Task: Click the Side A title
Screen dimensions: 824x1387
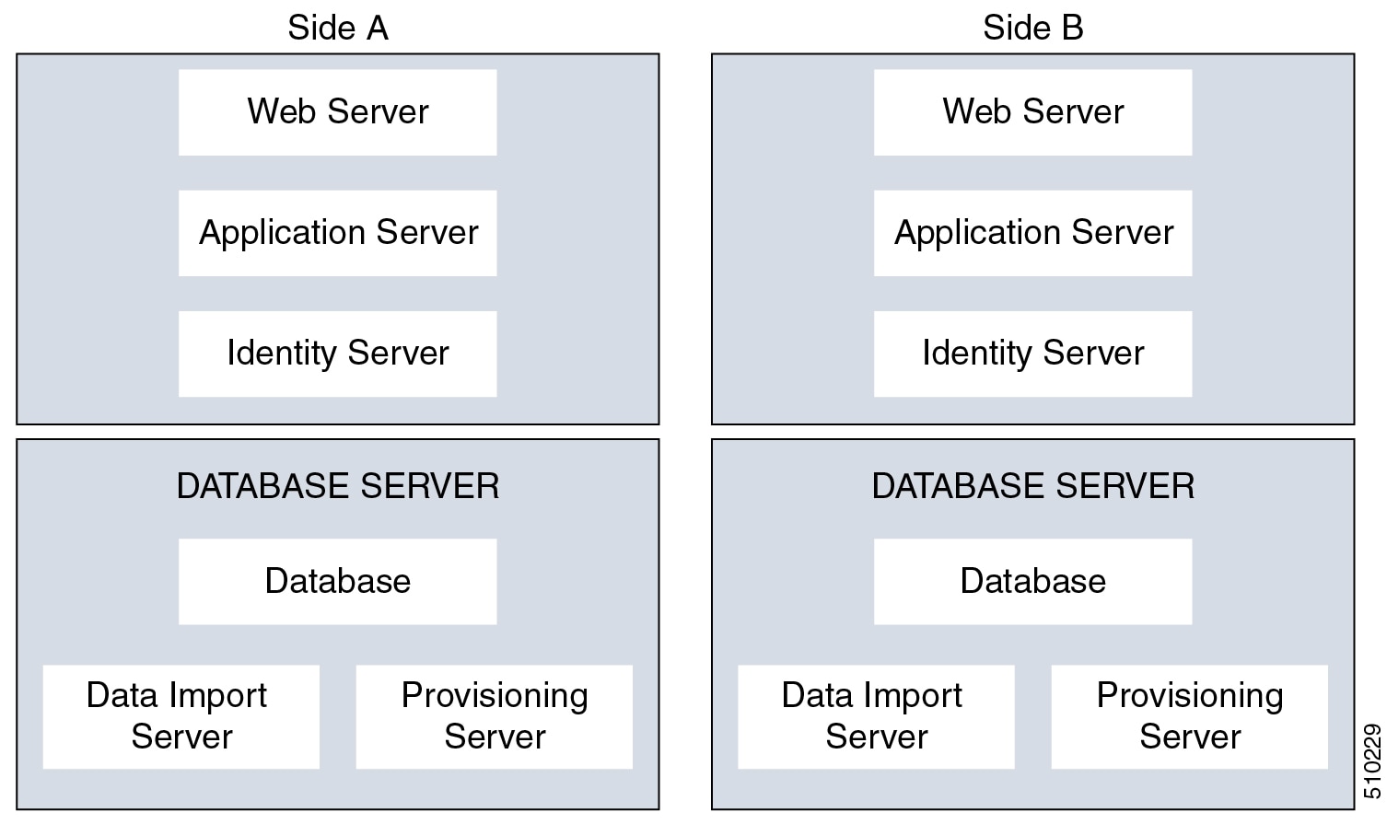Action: click(x=337, y=28)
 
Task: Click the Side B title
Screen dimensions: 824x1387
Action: click(x=1032, y=28)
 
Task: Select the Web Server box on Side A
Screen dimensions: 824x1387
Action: click(x=337, y=112)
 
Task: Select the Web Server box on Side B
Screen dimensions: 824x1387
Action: click(x=1032, y=112)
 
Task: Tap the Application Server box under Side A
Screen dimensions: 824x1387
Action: click(x=337, y=233)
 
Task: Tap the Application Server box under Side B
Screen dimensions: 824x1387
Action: click(x=1032, y=233)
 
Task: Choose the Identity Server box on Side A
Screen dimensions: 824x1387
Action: click(x=337, y=354)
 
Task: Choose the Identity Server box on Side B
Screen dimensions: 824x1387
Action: click(x=1032, y=354)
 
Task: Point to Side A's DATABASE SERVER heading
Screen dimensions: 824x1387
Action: click(x=337, y=486)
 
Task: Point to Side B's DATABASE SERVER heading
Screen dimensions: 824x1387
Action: click(x=1032, y=486)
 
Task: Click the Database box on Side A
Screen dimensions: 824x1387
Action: click(x=337, y=582)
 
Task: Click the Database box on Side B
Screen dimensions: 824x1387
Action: click(x=1032, y=582)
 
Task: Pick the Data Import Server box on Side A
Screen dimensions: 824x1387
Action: click(x=181, y=716)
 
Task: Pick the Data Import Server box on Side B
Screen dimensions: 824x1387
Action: click(x=876, y=716)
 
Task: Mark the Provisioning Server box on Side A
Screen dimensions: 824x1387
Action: click(x=495, y=716)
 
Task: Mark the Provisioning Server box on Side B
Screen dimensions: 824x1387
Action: click(x=1189, y=716)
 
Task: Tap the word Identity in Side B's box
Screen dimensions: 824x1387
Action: click(x=976, y=354)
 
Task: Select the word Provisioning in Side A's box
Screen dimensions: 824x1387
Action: click(x=495, y=696)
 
